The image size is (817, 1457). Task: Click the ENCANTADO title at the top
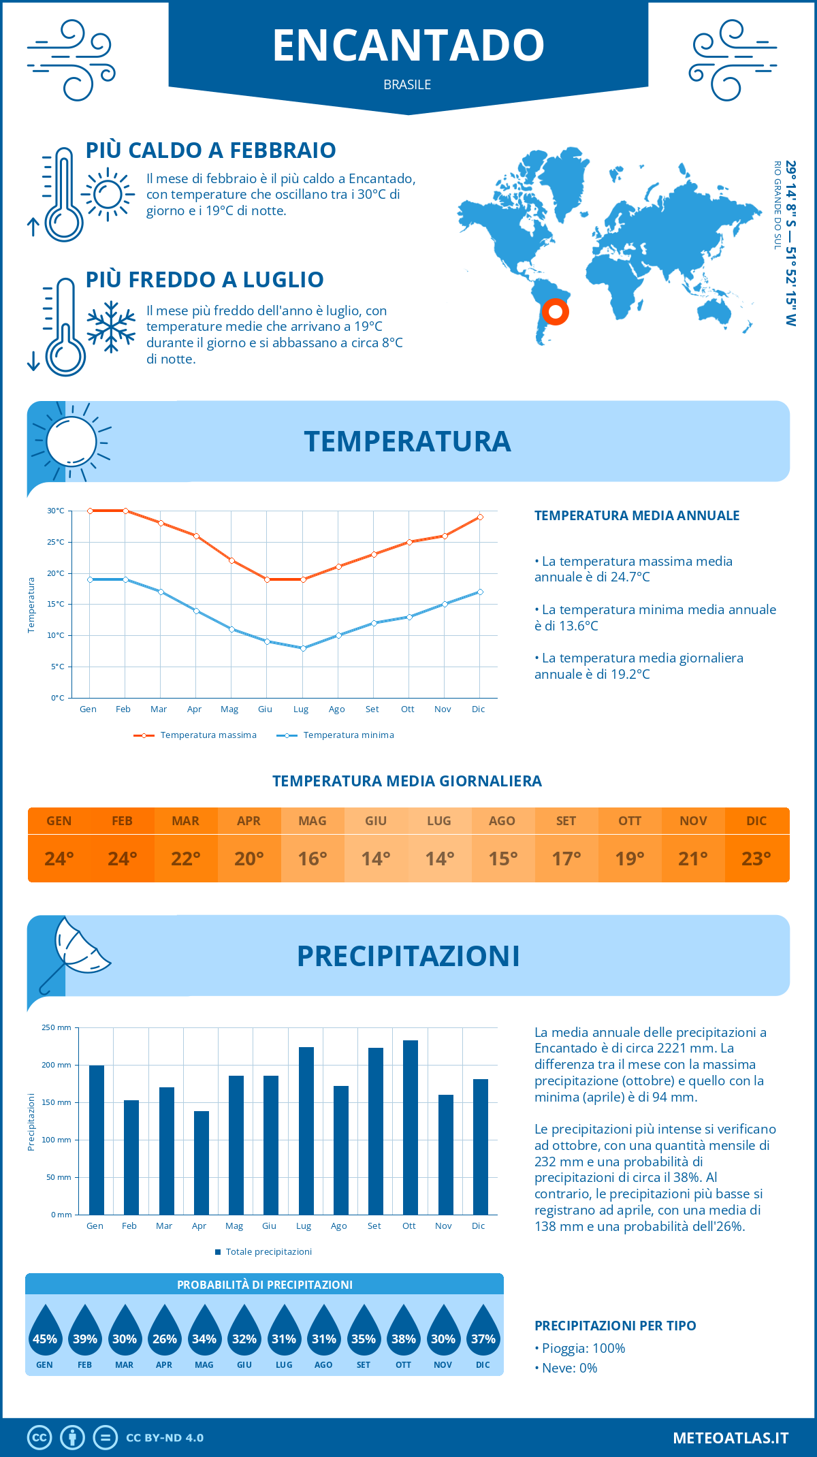(x=408, y=45)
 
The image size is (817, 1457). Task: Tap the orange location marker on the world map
(x=556, y=312)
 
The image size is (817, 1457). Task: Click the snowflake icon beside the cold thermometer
(x=111, y=327)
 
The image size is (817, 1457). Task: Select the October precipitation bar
(x=410, y=1127)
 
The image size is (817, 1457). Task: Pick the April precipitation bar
(x=201, y=1162)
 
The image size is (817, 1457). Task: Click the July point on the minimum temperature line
(x=303, y=648)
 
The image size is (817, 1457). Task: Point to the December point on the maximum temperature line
(x=480, y=517)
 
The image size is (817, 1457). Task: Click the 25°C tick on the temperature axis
(x=56, y=542)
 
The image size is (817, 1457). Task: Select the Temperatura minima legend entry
(x=340, y=735)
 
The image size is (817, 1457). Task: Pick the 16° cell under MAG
(x=313, y=859)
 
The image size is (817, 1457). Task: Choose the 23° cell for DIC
(x=756, y=859)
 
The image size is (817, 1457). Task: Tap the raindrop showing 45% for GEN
(x=45, y=1332)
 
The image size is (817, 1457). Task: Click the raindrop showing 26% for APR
(x=164, y=1332)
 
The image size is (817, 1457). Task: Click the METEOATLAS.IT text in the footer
(x=731, y=1438)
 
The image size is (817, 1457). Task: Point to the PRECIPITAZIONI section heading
(x=408, y=956)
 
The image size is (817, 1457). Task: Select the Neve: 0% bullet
(x=569, y=1368)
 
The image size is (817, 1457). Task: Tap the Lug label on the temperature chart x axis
(x=301, y=709)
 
